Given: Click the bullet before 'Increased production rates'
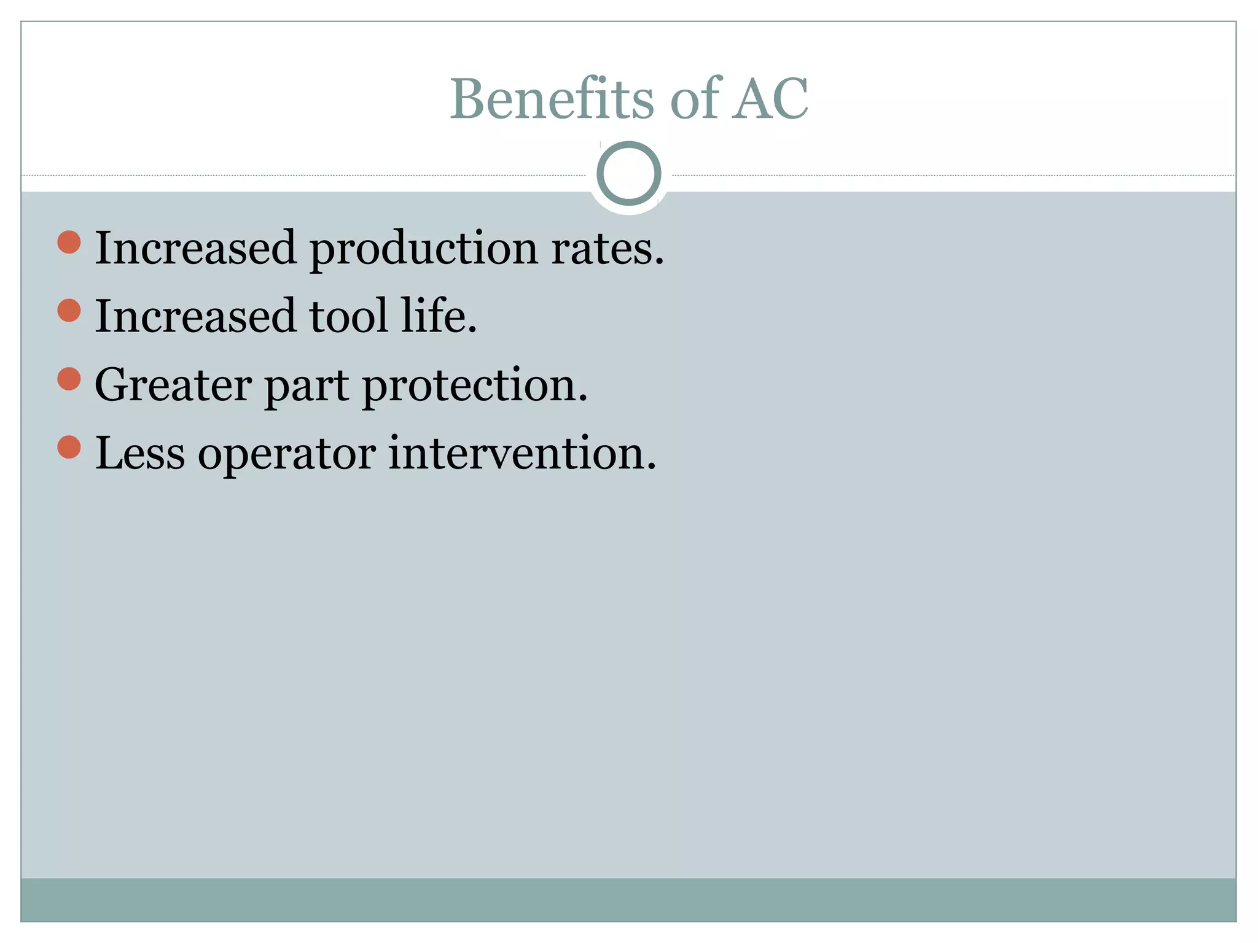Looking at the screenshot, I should pos(69,242).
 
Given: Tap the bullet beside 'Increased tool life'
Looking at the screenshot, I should pos(69,310).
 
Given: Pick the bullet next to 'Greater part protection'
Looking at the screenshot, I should pos(69,379).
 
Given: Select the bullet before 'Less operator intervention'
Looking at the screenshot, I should pos(69,447).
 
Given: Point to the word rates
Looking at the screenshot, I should pos(607,249).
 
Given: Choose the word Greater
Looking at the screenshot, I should pos(173,386).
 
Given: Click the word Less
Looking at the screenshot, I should pos(140,453).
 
